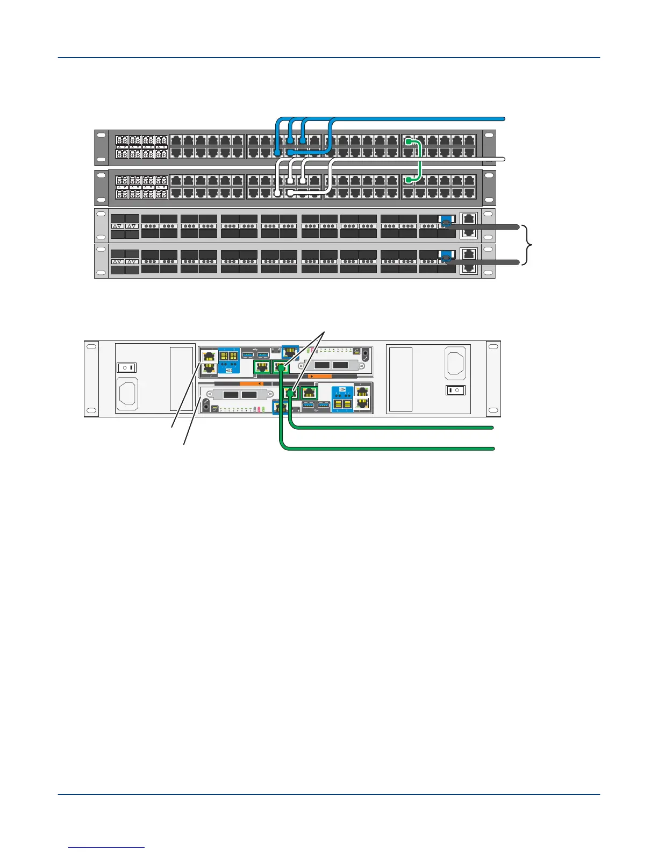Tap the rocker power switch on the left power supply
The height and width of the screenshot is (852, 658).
tap(127, 368)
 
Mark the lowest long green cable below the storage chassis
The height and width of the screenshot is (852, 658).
tap(387, 448)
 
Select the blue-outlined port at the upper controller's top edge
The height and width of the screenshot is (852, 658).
tap(290, 352)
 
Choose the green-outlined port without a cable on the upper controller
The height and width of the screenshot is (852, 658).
tap(262, 368)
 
